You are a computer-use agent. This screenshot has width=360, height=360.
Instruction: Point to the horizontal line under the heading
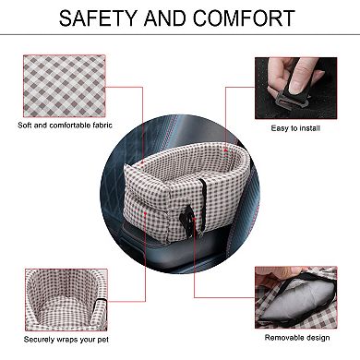click(x=180, y=38)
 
